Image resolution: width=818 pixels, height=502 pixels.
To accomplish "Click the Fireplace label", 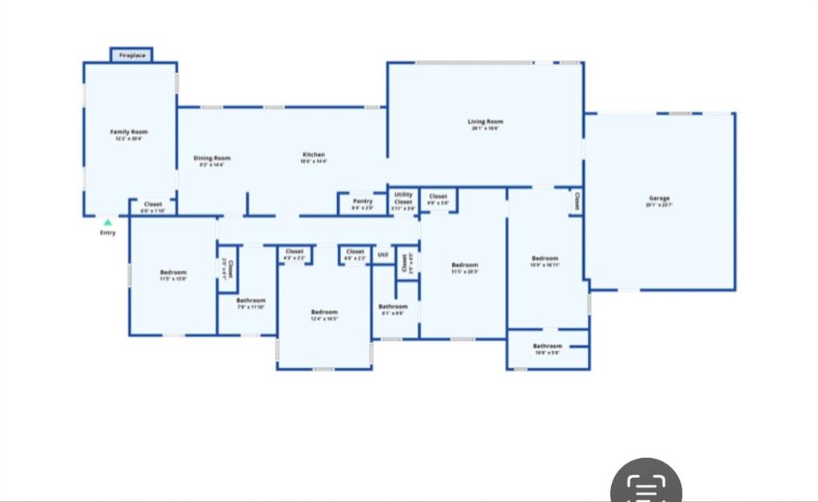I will (x=132, y=55).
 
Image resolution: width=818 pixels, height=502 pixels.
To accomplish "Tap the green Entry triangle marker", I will (x=107, y=222).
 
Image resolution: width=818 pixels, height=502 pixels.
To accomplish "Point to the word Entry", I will (x=107, y=233).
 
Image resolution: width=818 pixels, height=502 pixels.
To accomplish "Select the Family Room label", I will (x=129, y=132).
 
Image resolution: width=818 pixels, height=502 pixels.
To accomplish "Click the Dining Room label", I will (x=212, y=158).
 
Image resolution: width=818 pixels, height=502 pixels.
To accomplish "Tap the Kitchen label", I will (x=313, y=154).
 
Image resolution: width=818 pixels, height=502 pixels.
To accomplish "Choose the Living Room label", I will (x=485, y=122).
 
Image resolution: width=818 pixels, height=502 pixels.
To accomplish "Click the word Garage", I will (x=659, y=198).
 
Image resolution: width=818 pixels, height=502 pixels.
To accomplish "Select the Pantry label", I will (x=363, y=201).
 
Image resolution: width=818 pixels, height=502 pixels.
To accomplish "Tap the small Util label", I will (x=383, y=255).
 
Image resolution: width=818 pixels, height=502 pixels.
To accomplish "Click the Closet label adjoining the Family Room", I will (x=153, y=205).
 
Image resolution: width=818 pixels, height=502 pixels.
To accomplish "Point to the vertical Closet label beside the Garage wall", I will (x=576, y=200).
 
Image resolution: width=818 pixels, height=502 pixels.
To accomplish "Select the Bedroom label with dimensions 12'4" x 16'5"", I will (x=324, y=312).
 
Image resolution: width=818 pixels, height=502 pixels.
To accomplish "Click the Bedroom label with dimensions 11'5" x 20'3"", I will (x=464, y=265).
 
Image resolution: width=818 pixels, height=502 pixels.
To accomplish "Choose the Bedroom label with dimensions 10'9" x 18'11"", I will (x=545, y=258).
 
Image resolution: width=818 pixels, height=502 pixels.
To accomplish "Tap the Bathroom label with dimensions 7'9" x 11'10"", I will (x=251, y=301).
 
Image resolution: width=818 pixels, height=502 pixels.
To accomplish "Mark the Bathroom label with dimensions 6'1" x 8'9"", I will (x=392, y=306).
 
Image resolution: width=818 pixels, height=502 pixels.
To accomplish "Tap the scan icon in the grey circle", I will (x=645, y=486).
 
